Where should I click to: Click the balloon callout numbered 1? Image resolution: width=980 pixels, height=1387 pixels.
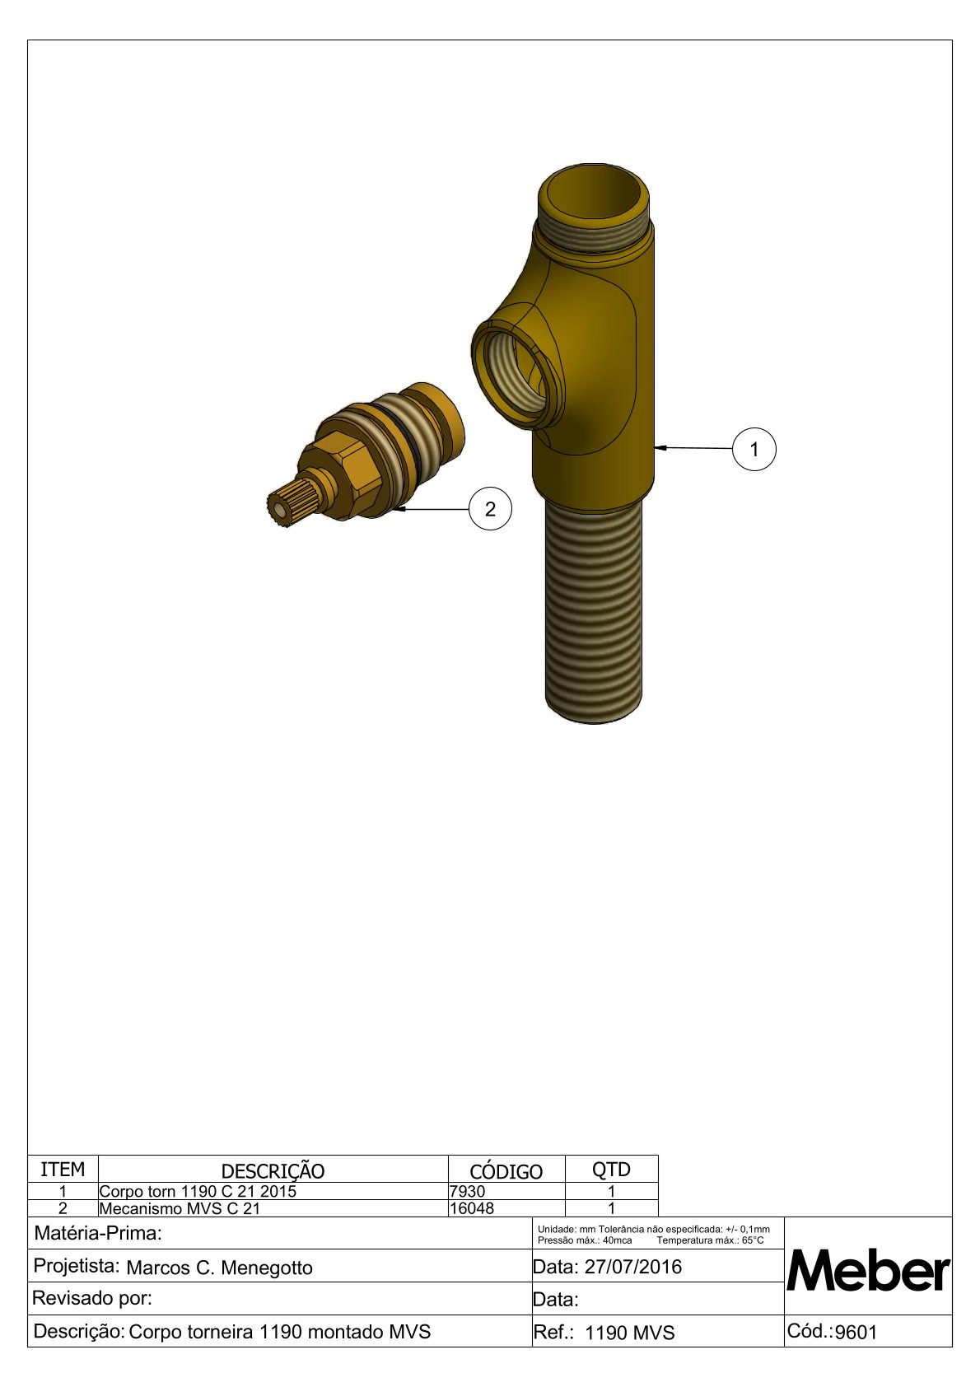click(754, 449)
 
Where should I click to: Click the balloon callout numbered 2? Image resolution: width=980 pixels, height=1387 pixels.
click(490, 509)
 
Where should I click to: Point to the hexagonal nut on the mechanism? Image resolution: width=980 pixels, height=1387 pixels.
click(337, 474)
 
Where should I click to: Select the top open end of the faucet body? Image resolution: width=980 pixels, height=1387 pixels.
click(593, 193)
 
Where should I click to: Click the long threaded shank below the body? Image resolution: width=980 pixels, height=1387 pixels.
click(594, 610)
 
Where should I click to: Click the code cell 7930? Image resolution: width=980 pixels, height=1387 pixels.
click(468, 1191)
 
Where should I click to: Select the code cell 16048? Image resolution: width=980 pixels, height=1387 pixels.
click(472, 1208)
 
